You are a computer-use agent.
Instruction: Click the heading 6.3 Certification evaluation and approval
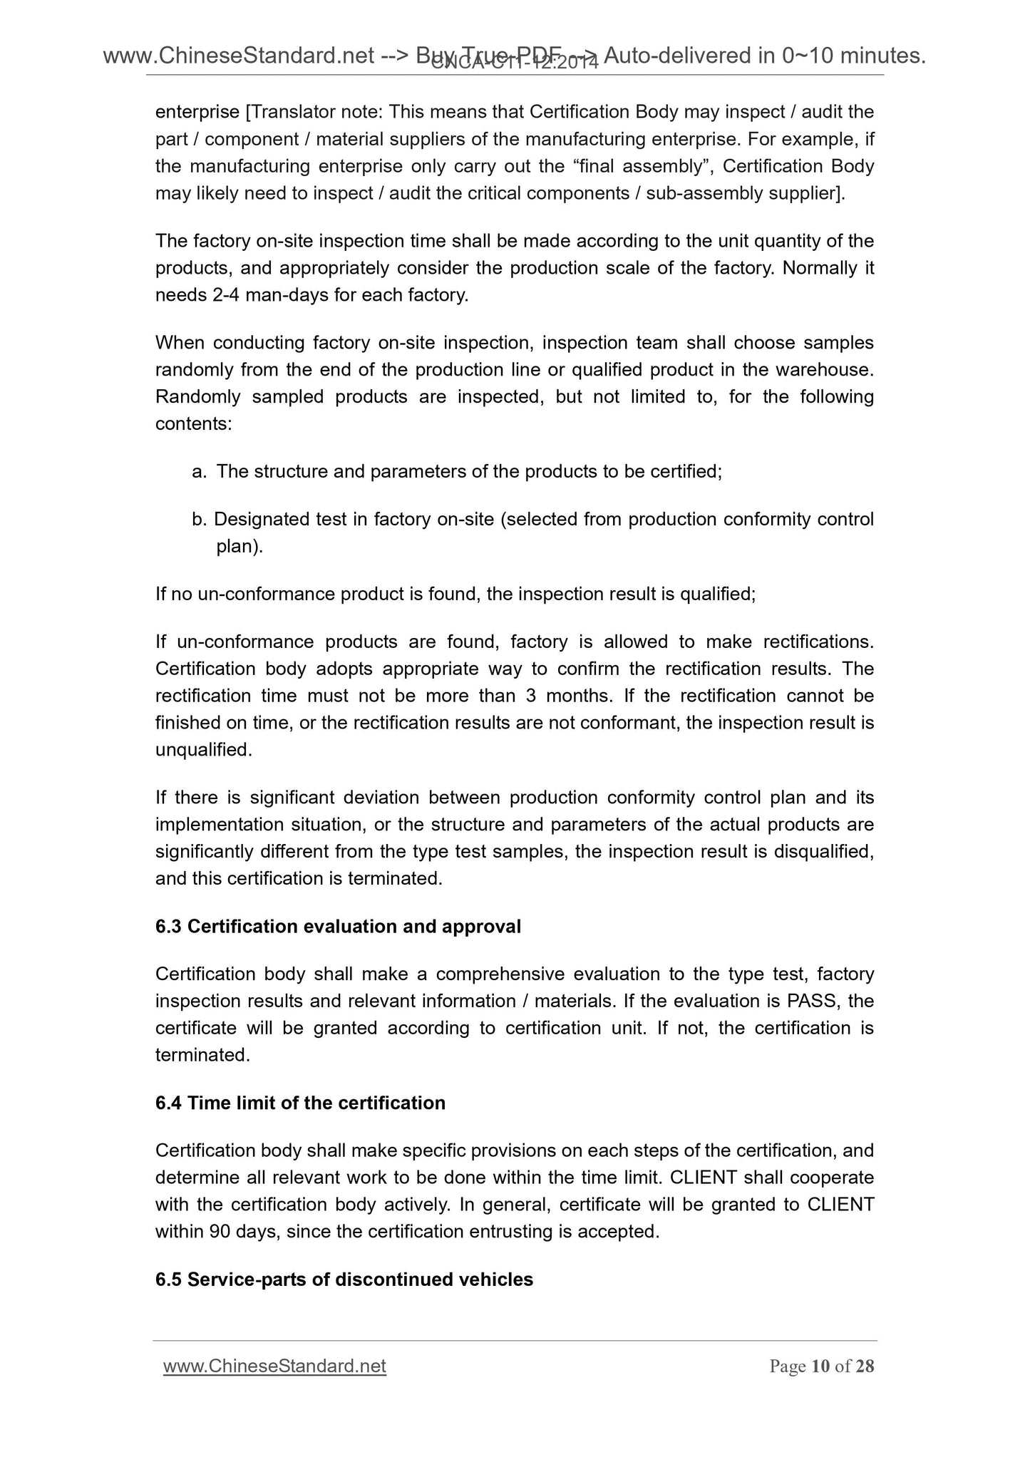(338, 926)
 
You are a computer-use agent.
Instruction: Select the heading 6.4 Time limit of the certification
(300, 1103)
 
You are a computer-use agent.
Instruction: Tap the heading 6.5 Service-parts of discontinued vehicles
(344, 1280)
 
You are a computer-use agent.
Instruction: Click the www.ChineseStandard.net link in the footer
(274, 1366)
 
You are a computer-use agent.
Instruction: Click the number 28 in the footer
(865, 1366)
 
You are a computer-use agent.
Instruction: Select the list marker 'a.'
(200, 471)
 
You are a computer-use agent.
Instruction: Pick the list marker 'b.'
(199, 519)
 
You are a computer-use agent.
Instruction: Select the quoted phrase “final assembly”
(642, 166)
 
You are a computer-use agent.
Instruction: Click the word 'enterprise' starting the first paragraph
(197, 112)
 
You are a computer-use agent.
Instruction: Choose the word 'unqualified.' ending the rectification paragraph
(204, 749)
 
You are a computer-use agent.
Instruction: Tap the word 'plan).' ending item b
(240, 546)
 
